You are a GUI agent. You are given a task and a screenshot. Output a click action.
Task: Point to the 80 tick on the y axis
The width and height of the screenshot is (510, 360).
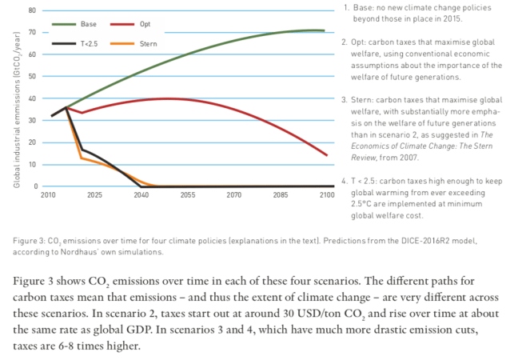(x=33, y=10)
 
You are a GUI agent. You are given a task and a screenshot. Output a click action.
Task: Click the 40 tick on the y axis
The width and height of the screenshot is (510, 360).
(x=33, y=98)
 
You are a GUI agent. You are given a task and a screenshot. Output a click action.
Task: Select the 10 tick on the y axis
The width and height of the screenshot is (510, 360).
(x=33, y=164)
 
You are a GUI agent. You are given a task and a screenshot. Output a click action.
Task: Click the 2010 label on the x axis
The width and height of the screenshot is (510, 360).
(x=50, y=194)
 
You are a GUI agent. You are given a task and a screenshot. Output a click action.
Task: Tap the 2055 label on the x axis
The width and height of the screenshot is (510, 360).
(x=189, y=194)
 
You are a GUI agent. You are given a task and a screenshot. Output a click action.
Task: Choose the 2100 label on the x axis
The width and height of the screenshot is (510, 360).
(x=326, y=194)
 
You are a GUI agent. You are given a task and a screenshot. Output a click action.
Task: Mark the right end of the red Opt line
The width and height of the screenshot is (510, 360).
(x=326, y=155)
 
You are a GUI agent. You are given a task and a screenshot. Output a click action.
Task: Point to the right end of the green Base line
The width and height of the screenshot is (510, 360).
(x=324, y=30)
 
